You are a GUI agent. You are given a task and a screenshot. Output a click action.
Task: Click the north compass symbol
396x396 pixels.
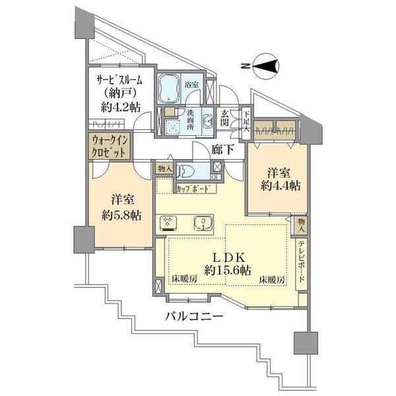point(266,67)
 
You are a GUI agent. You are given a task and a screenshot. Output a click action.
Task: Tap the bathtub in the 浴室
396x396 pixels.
point(168,89)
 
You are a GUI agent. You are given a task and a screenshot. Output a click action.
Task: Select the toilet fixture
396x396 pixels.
point(186,172)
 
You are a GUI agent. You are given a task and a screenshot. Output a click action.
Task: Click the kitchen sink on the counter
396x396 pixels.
point(203,223)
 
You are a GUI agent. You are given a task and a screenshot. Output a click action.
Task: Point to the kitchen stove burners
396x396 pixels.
point(168,223)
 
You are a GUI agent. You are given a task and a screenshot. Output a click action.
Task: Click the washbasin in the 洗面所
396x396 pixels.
point(208,121)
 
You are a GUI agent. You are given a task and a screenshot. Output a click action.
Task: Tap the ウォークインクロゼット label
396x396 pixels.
point(109,146)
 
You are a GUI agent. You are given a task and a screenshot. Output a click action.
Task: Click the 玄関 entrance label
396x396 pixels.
point(224,118)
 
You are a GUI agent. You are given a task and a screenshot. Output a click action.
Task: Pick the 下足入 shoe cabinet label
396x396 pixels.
point(246,121)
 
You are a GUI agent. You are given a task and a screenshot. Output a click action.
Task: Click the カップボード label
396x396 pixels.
point(193,188)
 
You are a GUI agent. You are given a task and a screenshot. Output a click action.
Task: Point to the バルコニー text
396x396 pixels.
point(194,315)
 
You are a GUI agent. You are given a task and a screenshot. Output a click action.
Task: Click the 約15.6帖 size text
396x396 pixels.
point(228,271)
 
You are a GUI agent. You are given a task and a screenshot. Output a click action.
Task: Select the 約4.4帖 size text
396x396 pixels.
point(280,186)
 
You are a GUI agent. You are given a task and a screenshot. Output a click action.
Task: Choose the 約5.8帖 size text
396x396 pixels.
point(121,216)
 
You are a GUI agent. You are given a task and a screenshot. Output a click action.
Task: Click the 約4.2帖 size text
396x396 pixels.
point(121,108)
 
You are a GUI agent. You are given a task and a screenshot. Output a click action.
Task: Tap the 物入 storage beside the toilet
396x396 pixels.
point(164,168)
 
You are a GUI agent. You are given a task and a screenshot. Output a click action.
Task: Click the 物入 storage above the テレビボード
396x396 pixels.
point(302,225)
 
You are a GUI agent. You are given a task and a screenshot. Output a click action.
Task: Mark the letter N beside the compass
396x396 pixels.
point(244,67)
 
